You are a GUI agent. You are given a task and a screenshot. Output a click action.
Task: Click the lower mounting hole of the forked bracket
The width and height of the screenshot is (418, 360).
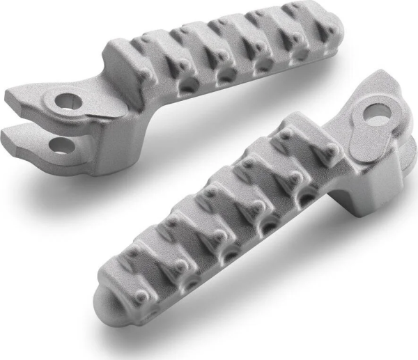coord(61,144)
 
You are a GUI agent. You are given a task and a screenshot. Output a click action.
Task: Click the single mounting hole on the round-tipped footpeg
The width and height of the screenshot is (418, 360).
coord(377,112)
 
